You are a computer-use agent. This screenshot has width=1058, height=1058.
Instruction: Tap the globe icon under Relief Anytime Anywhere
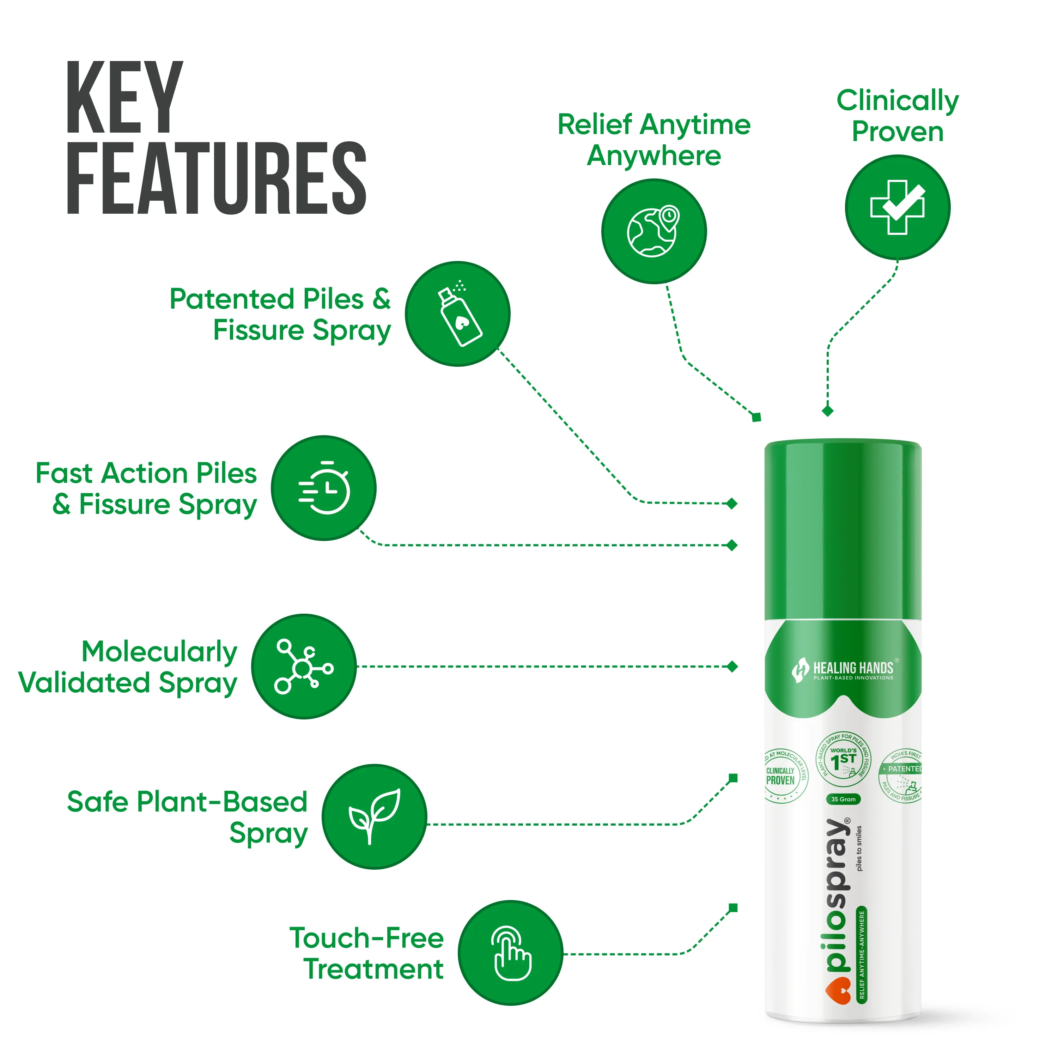pos(653,231)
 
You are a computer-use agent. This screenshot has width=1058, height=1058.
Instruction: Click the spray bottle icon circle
pos(458,314)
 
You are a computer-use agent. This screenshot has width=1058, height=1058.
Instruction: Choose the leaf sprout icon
pos(374,816)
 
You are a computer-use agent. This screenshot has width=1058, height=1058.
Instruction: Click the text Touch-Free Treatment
pos(366,953)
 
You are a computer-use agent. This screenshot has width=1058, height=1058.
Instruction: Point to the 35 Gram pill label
pos(843,799)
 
